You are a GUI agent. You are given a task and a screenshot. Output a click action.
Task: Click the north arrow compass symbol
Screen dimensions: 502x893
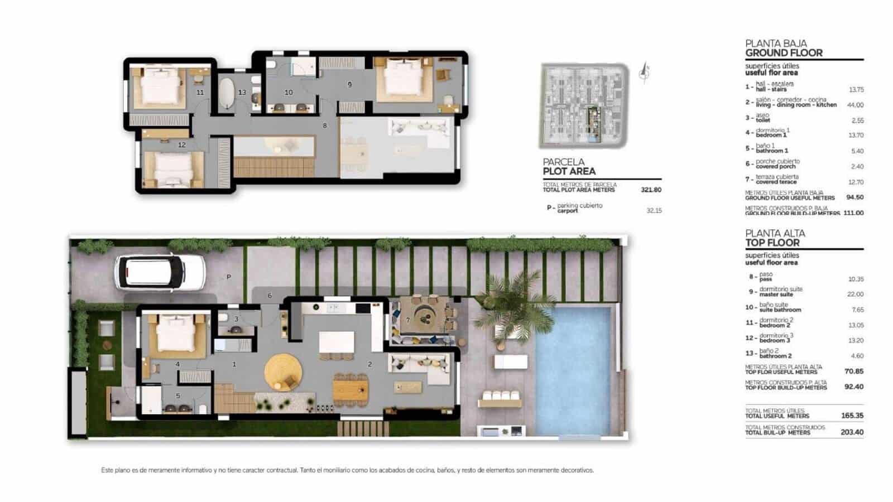645,73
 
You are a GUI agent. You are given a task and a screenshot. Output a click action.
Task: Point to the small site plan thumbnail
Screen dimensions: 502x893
584,105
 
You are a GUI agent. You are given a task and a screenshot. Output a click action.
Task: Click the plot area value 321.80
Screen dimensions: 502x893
651,190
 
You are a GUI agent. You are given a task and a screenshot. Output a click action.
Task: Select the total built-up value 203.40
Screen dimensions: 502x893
852,432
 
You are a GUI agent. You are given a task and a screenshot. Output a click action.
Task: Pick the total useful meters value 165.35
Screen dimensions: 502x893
852,416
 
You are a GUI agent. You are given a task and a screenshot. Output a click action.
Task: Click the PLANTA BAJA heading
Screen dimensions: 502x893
776,43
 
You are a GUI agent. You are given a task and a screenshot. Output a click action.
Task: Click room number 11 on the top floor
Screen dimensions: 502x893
200,93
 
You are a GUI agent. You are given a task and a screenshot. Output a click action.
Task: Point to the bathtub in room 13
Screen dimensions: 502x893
227,93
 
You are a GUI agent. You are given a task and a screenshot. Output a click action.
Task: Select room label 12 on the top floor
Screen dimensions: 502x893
182,145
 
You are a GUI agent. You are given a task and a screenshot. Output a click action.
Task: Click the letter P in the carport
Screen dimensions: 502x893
229,277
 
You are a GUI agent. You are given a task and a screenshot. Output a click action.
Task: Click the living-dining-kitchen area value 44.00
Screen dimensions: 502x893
855,105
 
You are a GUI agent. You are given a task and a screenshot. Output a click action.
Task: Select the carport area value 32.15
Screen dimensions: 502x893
654,210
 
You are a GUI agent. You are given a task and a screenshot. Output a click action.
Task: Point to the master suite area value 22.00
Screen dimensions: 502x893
855,294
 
